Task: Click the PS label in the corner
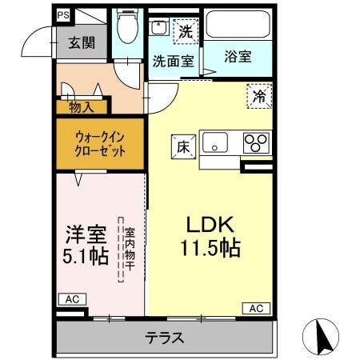point(62,14)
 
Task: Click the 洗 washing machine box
point(185,34)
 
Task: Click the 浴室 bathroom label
point(238,57)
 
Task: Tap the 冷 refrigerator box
point(258,95)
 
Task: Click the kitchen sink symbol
point(215,144)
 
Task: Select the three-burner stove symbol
point(256,144)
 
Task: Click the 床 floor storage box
point(182,146)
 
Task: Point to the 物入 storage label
point(82,104)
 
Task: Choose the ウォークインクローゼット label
point(100,144)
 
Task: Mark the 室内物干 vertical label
point(127,248)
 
